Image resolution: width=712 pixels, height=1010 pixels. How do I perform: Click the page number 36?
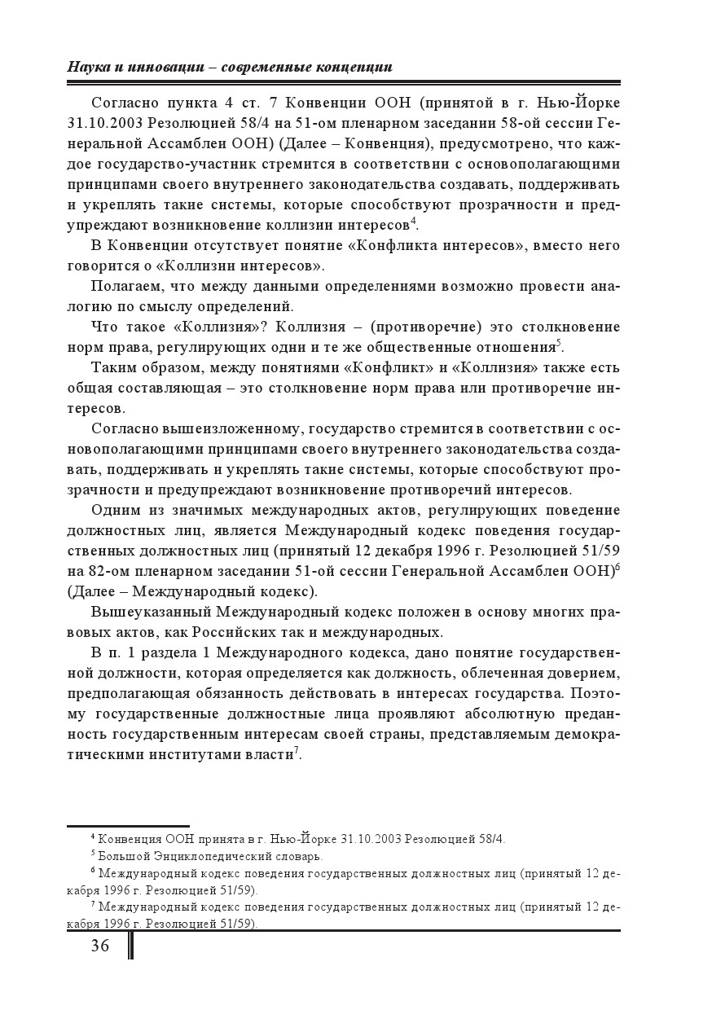[99, 945]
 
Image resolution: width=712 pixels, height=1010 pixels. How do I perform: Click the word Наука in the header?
[88, 67]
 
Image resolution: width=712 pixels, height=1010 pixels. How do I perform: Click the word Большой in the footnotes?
[120, 856]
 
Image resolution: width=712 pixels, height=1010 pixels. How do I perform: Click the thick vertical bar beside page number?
[130, 946]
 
